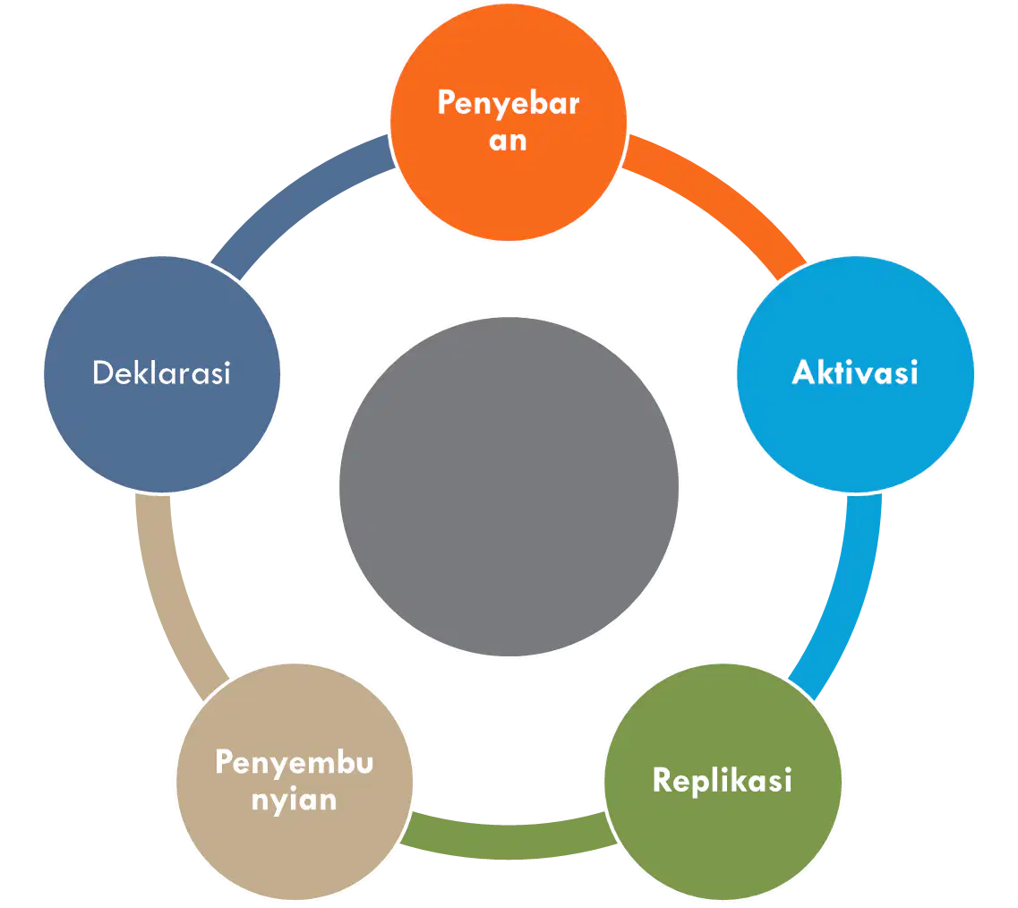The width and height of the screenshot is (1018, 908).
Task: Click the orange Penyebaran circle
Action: pyautogui.click(x=509, y=122)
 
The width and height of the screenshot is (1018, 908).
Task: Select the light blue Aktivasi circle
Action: pyautogui.click(x=855, y=374)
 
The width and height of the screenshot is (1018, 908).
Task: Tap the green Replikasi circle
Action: pyautogui.click(x=723, y=782)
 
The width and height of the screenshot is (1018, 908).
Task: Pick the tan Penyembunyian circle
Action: pyautogui.click(x=294, y=782)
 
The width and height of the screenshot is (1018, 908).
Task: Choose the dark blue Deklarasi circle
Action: pyautogui.click(x=162, y=374)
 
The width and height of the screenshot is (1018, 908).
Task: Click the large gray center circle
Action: pyautogui.click(x=509, y=486)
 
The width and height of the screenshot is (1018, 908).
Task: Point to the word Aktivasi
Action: pyautogui.click(x=855, y=373)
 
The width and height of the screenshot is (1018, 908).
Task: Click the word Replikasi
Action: pyautogui.click(x=722, y=780)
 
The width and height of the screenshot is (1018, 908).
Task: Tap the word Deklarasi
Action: pyautogui.click(x=162, y=373)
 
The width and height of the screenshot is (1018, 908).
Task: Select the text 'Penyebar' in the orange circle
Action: pyautogui.click(x=509, y=103)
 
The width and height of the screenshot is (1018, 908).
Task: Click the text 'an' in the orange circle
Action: pyautogui.click(x=508, y=141)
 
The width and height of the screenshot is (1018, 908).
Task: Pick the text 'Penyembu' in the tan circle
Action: pyautogui.click(x=294, y=763)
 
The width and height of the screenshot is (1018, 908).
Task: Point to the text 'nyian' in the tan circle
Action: pyautogui.click(x=294, y=800)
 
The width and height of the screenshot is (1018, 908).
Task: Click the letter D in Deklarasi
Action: pyautogui.click(x=103, y=373)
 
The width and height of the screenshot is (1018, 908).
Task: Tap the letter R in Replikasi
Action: pyautogui.click(x=662, y=779)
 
